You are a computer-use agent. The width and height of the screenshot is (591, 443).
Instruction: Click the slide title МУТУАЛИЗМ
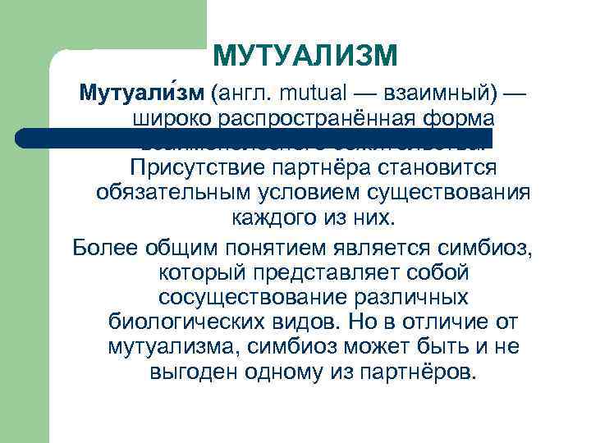[305, 56]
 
